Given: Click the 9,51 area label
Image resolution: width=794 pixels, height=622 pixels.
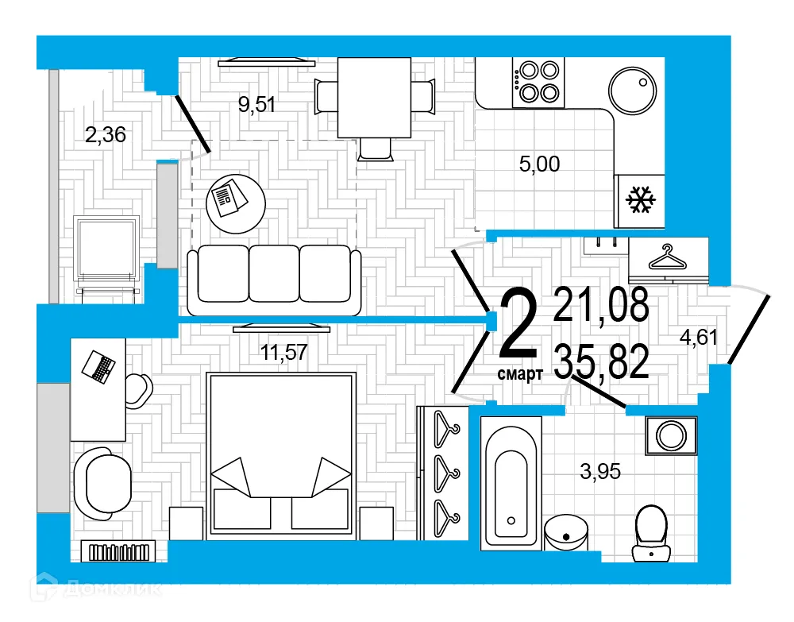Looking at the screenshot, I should (257, 104).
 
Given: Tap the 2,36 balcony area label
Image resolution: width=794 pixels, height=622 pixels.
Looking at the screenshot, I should (106, 135).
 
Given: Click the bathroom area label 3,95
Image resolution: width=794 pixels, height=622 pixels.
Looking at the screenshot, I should (600, 472).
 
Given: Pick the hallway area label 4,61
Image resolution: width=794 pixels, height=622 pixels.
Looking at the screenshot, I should (698, 337).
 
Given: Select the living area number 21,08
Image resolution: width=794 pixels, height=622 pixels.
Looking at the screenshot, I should (602, 305).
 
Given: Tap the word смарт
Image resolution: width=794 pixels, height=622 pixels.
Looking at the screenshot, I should (520, 373).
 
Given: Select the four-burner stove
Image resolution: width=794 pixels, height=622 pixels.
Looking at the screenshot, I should (538, 82).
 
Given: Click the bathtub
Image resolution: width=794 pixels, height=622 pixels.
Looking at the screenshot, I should (511, 482).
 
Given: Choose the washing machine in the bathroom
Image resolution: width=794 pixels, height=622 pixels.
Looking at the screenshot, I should (671, 435).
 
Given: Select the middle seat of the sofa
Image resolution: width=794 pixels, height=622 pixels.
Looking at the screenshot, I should (275, 274).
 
